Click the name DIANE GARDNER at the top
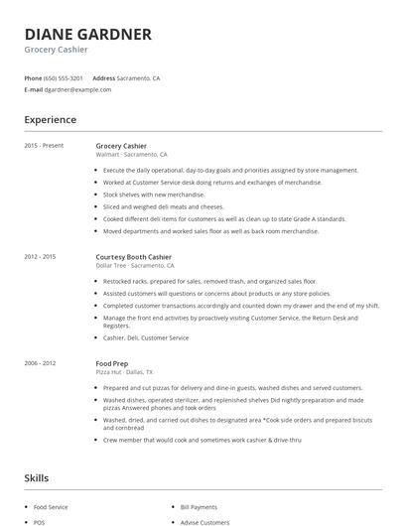click(x=88, y=35)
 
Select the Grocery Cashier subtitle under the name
click(x=57, y=50)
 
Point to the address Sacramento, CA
click(x=138, y=77)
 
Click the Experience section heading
click(x=50, y=120)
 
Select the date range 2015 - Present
click(x=44, y=146)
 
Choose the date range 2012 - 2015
click(x=40, y=257)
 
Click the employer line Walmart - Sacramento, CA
click(x=131, y=155)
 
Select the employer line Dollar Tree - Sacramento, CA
click(x=134, y=266)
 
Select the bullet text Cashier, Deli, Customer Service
click(x=146, y=337)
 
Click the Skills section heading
click(x=36, y=478)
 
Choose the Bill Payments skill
click(x=199, y=506)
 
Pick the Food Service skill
click(x=52, y=506)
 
